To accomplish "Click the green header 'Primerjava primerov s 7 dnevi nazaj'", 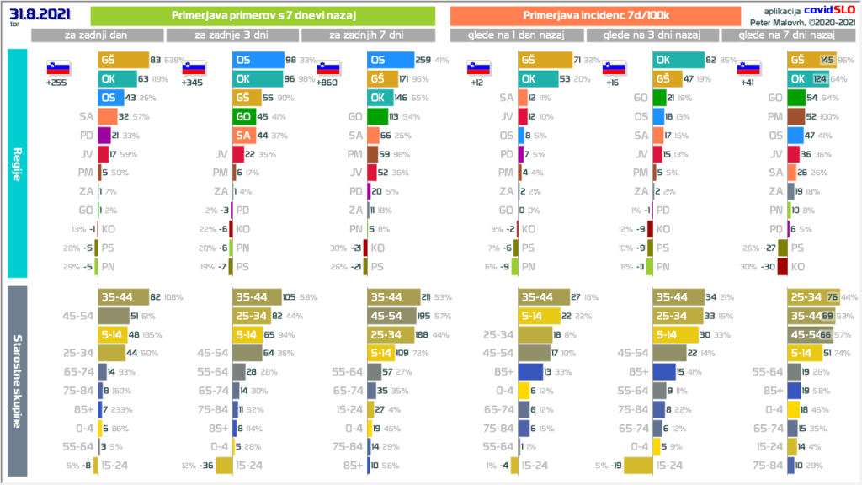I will (x=262, y=15).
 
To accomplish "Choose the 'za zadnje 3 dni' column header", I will (x=231, y=35).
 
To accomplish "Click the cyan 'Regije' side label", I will (x=18, y=163).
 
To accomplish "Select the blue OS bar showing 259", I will (x=391, y=61).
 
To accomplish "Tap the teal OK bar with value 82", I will (x=678, y=61).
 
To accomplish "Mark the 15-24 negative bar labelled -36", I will (x=224, y=465).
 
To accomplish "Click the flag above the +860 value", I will (x=328, y=68).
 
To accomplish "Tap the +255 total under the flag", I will (x=58, y=83).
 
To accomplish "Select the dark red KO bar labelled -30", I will (x=782, y=267).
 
